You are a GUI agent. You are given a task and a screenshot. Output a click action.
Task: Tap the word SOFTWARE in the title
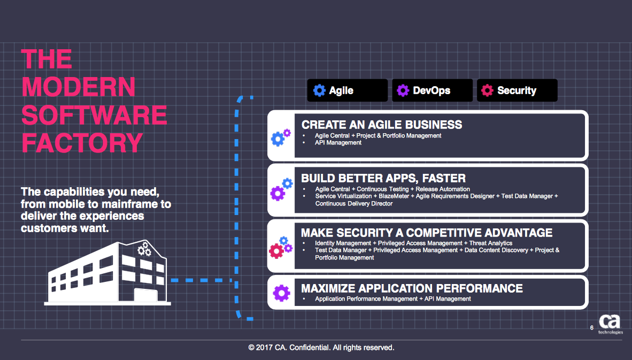coord(94,115)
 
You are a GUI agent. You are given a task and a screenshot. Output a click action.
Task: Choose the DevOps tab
coord(432,90)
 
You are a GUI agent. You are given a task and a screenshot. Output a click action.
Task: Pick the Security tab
coord(517,90)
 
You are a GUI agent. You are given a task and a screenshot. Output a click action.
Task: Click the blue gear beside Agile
coord(319,90)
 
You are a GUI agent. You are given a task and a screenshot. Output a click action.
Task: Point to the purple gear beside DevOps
coord(403,90)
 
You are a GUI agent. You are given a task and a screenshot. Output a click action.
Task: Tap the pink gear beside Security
coord(487,90)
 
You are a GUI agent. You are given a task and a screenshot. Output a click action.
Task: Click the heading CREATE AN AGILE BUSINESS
coord(382,125)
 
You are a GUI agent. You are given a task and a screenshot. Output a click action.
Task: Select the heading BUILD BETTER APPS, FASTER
coord(383,178)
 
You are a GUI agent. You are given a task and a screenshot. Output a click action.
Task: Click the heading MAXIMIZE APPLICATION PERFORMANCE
coord(412,288)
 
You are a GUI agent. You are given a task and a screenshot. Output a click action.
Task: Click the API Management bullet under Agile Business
coord(338,143)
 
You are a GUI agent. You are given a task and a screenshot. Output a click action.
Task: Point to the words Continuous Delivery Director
coord(354,204)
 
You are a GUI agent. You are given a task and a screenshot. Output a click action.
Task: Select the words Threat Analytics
coord(491,243)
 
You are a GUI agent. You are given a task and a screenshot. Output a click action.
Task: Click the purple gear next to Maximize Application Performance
coord(281,293)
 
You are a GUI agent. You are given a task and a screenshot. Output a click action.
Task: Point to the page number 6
coord(592,328)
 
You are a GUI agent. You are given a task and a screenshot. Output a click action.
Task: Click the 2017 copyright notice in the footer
coord(321,348)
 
